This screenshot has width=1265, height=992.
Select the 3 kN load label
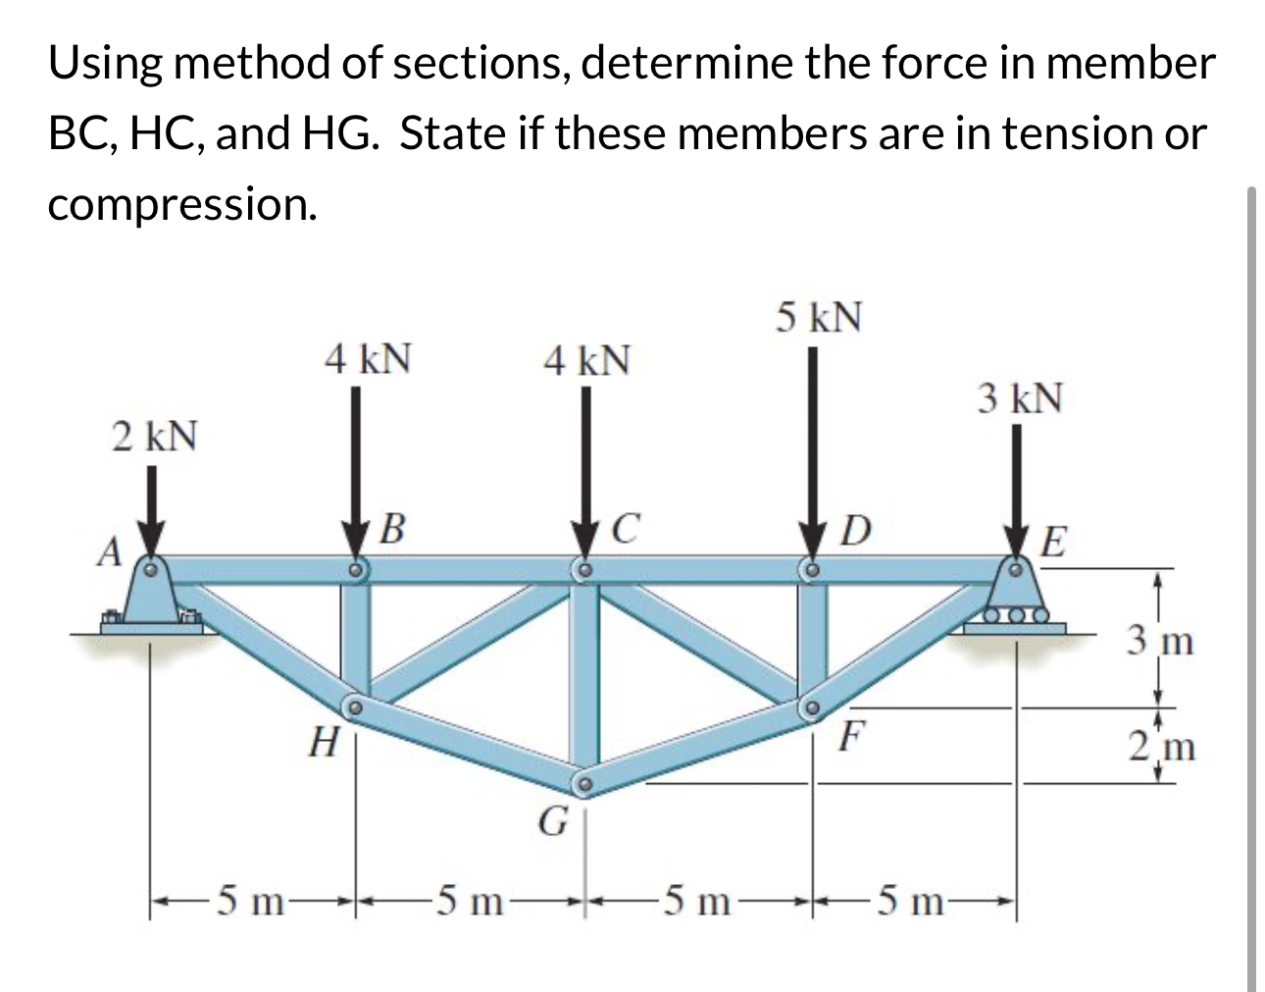[1020, 399]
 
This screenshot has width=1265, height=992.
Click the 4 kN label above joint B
[368, 358]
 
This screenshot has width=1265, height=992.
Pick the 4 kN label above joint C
[587, 361]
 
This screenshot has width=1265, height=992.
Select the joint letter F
[850, 735]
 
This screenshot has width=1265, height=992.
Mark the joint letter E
[1053, 541]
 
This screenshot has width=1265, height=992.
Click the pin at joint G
[584, 784]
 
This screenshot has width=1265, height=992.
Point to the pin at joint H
[355, 705]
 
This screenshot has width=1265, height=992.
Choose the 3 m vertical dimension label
[1160, 644]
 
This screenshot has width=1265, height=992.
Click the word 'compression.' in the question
[182, 203]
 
